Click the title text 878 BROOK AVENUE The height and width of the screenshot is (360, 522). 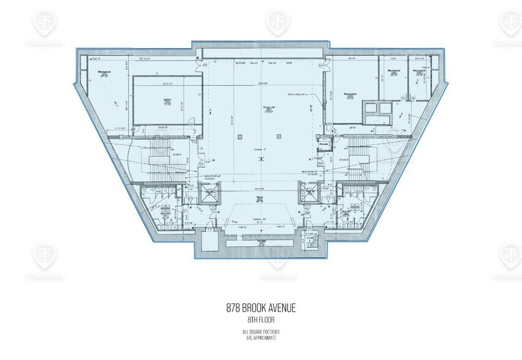click(260, 308)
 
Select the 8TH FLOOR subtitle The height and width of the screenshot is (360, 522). click(260, 319)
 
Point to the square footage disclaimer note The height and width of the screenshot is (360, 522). click(260, 334)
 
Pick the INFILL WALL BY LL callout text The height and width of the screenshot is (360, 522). click(300, 94)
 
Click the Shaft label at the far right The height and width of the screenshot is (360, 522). click(434, 70)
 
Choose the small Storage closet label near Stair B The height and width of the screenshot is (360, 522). click(333, 144)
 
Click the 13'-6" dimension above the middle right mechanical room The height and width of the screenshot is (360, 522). click(391, 59)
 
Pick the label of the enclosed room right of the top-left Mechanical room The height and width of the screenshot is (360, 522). click(167, 100)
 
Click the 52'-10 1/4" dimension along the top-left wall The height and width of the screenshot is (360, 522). click(144, 59)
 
